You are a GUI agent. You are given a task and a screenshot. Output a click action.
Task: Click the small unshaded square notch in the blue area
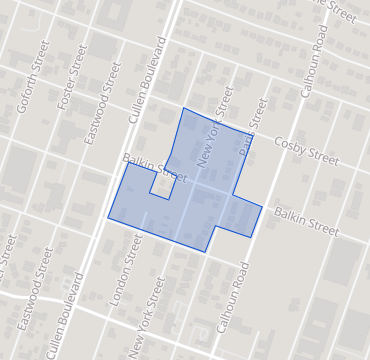point(161,184)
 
